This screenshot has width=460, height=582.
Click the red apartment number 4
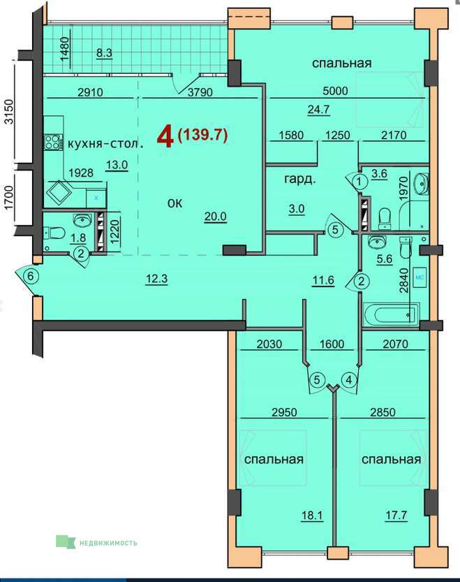click(x=165, y=137)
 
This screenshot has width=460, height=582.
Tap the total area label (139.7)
click(x=202, y=134)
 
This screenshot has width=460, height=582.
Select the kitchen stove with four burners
click(x=52, y=142)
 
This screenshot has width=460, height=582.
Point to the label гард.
click(x=299, y=180)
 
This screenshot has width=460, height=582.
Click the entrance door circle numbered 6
click(x=31, y=276)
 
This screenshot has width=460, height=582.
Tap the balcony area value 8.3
click(x=104, y=52)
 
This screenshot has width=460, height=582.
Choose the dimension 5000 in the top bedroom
click(x=335, y=91)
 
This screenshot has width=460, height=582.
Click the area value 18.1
click(x=312, y=515)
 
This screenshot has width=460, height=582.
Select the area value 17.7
click(x=396, y=515)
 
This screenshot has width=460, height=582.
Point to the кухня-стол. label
click(x=105, y=144)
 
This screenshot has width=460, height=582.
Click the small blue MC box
click(x=420, y=277)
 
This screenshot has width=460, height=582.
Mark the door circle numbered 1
click(x=359, y=182)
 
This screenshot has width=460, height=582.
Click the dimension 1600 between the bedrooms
click(x=332, y=344)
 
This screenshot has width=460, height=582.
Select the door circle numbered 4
click(x=349, y=380)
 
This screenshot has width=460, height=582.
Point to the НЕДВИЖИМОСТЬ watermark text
click(x=108, y=543)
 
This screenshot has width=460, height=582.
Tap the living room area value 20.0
click(x=216, y=216)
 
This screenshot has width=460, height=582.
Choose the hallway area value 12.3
click(x=156, y=278)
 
